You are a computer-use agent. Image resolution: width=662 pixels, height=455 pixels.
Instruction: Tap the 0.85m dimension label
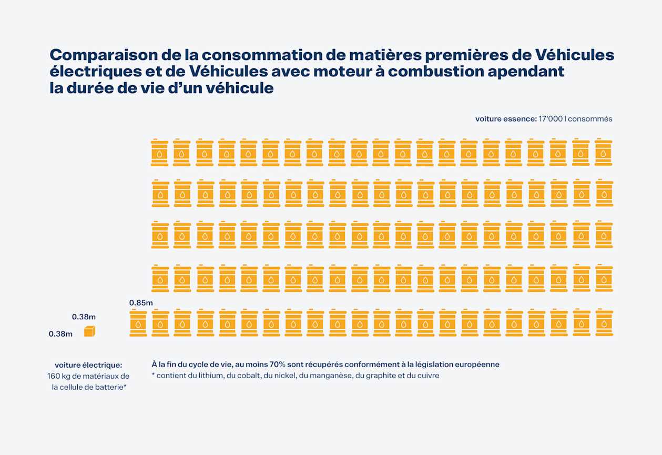141,302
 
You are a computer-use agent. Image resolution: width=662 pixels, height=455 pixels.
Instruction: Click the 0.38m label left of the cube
60,333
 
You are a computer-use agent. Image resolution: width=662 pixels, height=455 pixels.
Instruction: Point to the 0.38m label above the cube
84,317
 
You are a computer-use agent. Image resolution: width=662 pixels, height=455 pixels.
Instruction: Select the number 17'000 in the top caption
550,119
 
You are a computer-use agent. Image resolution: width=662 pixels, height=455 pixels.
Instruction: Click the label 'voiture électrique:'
88,365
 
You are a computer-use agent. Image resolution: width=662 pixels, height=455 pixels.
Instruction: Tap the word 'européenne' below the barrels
476,364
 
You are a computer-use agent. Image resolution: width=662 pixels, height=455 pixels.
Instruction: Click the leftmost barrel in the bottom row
138,323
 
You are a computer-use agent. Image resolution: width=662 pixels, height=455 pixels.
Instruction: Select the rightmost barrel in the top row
604,153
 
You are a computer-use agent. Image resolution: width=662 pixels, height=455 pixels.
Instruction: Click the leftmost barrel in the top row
160,153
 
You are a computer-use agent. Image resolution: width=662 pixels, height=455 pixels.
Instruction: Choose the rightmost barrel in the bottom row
604,323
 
